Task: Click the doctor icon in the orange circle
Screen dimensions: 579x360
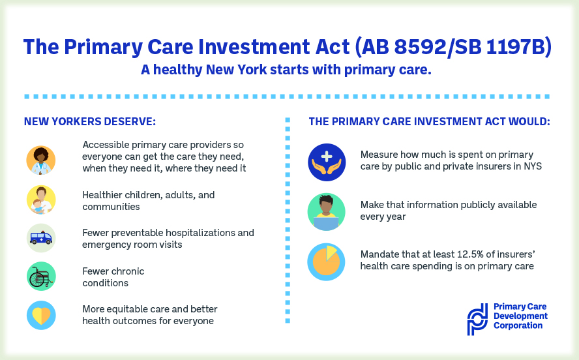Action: [41, 160]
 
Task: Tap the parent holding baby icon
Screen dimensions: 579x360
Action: [41, 200]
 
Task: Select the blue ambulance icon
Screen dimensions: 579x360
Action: [41, 238]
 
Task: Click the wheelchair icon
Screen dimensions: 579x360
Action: [41, 276]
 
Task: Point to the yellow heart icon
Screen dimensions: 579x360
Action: [41, 315]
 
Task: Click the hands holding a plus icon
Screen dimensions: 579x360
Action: [327, 162]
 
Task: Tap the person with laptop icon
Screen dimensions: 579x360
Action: [327, 212]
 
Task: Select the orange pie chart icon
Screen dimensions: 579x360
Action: [326, 262]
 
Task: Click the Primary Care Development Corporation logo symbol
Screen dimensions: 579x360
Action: [477, 320]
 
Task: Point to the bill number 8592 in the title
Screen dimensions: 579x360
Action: [420, 47]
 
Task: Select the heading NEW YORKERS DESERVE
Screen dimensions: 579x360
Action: [90, 121]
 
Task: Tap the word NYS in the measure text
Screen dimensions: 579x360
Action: [533, 166]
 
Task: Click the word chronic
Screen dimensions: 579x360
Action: [128, 271]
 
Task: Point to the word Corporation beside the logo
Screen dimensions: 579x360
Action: [518, 325]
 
